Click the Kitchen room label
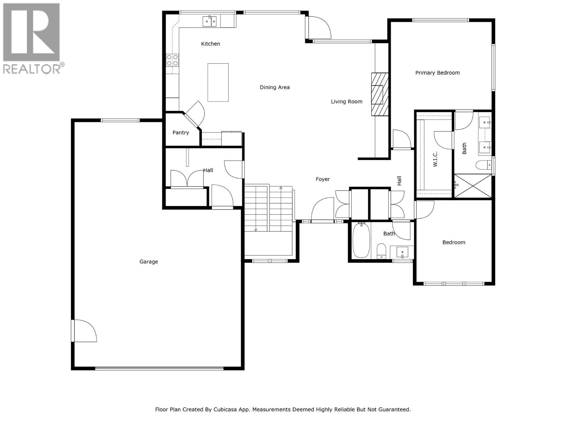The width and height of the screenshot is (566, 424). click(x=210, y=44)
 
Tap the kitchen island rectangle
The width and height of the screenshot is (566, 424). click(x=218, y=82)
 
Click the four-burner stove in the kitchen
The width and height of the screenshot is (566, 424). click(x=172, y=60)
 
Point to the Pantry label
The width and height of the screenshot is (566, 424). click(x=180, y=132)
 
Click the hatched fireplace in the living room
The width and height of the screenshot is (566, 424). click(x=380, y=94)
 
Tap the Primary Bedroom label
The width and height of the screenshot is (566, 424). click(x=437, y=73)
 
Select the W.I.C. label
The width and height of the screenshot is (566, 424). click(x=435, y=159)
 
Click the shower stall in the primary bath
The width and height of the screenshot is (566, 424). click(x=473, y=186)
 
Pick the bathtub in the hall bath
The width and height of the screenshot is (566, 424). click(x=361, y=240)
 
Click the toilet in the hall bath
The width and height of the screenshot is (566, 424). click(x=381, y=251)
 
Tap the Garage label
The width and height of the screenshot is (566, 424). click(x=149, y=262)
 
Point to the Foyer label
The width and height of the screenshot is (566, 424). click(x=323, y=179)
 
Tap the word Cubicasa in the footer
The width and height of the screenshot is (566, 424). click(x=225, y=410)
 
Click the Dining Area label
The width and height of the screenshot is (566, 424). click(x=275, y=87)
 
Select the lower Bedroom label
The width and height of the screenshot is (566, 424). click(x=454, y=242)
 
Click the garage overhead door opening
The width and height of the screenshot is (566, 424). click(x=159, y=369)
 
